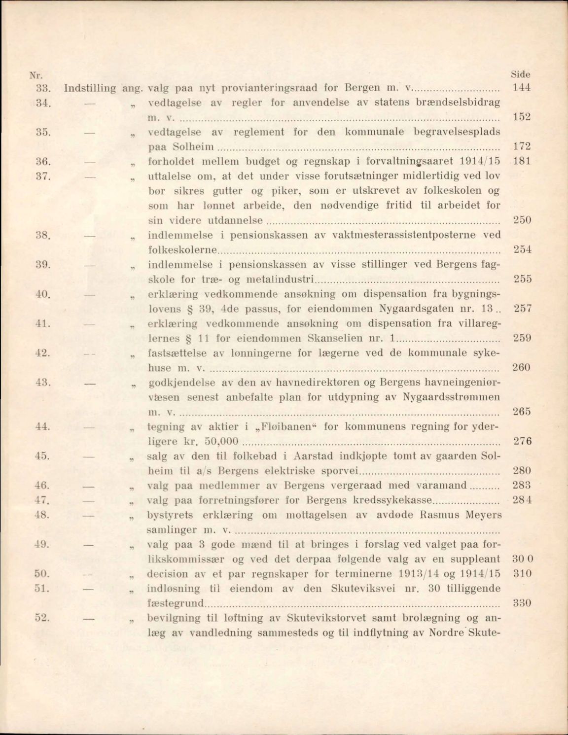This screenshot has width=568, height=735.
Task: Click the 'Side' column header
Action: [x=521, y=74]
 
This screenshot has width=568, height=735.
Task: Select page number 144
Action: [x=521, y=88]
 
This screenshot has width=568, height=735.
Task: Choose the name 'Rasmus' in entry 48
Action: [x=437, y=515]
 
